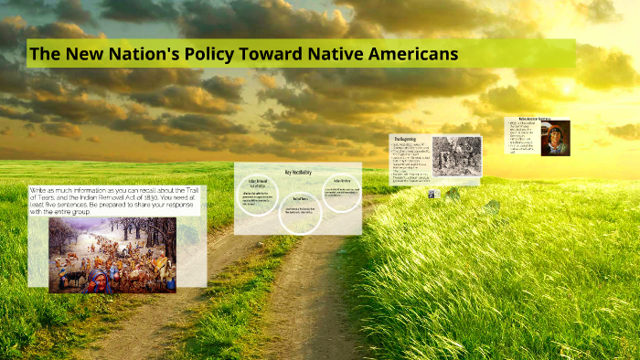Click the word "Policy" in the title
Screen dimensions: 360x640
point(205,54)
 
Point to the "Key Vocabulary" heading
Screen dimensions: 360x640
point(297,171)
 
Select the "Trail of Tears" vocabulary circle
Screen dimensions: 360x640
point(299,214)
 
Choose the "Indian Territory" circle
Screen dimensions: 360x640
point(341,192)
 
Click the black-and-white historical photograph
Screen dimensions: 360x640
point(456,156)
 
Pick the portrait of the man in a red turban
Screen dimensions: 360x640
point(555,138)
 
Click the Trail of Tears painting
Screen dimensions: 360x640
point(112,255)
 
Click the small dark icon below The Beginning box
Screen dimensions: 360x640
point(432,194)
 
